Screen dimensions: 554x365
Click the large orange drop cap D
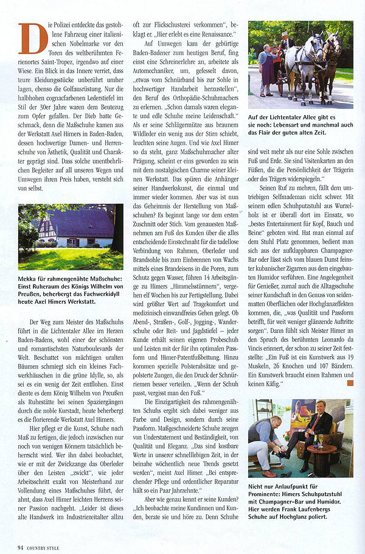[33, 38]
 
